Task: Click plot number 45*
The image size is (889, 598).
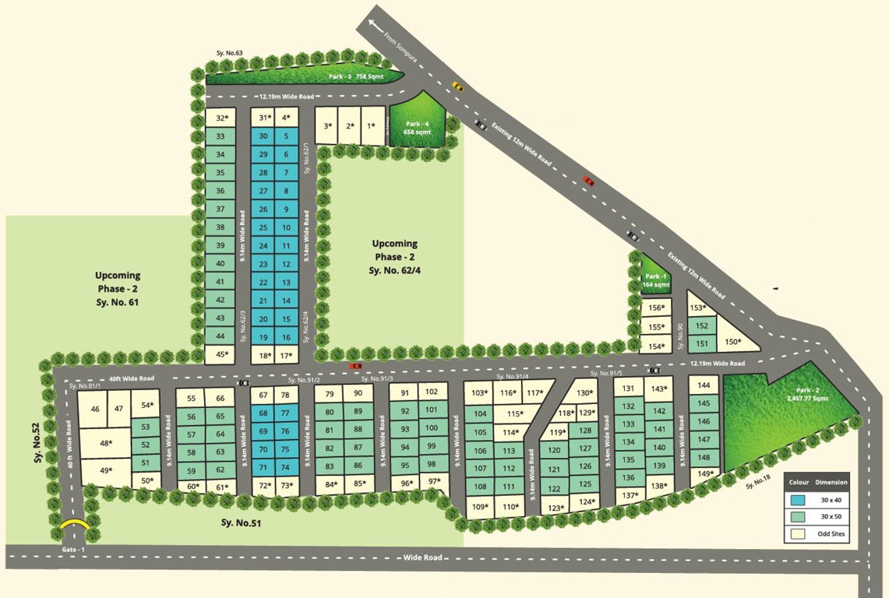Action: (220, 355)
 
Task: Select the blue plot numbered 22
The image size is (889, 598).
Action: (263, 282)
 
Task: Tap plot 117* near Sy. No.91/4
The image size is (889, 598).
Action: (534, 393)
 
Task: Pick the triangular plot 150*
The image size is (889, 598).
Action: (732, 342)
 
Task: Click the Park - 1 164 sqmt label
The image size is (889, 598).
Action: (654, 281)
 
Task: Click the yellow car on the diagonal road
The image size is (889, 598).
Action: (458, 86)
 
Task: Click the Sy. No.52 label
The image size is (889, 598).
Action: (37, 444)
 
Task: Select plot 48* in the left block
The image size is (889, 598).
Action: (106, 443)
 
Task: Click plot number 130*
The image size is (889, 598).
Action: (585, 393)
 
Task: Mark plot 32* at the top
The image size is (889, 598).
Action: (220, 118)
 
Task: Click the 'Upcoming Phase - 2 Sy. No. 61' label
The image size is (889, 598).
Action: (118, 288)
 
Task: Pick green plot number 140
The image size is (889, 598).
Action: (659, 447)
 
